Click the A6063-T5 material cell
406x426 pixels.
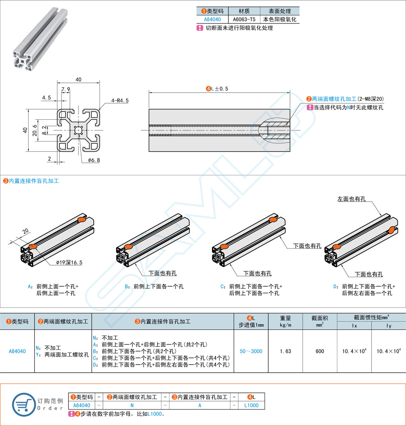click(244, 20)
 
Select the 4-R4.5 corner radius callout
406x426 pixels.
click(120, 101)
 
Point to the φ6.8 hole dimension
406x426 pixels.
click(93, 160)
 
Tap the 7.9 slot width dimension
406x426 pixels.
click(65, 89)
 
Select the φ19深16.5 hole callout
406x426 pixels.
click(69, 263)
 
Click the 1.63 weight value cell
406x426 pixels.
click(285, 351)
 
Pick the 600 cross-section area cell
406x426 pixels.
click(319, 351)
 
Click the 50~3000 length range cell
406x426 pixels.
click(251, 351)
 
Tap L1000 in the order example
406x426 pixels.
click(252, 406)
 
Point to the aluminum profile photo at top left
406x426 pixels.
click(39, 40)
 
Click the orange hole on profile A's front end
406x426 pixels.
click(32, 246)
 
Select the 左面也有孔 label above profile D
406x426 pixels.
click(352, 199)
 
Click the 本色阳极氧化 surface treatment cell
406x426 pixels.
click(279, 20)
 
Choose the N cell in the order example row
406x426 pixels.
click(132, 406)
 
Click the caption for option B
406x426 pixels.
click(154, 286)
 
